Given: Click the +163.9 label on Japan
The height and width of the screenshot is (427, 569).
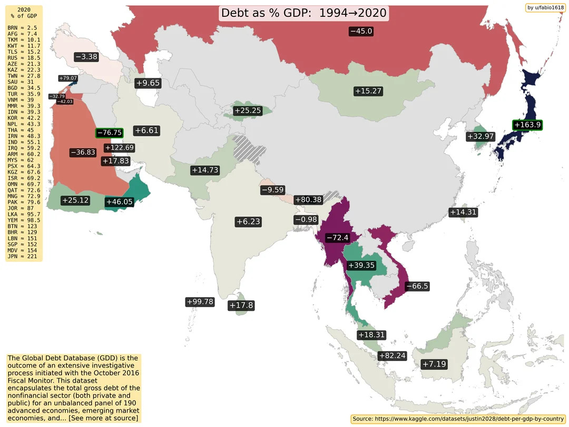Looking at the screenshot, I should tap(527, 125).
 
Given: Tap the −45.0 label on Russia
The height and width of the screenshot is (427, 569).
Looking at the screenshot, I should tap(361, 31).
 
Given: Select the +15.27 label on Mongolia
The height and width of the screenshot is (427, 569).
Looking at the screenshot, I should tap(368, 91).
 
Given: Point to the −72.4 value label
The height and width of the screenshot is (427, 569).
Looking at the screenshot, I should tap(337, 238).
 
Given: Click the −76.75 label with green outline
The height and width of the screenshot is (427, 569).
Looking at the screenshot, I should tap(109, 133).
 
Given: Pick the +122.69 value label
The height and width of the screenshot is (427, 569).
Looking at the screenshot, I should tap(119, 148).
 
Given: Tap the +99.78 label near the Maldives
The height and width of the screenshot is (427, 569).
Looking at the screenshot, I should tap(200, 302).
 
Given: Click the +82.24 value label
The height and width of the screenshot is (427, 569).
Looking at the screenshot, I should tap(392, 356).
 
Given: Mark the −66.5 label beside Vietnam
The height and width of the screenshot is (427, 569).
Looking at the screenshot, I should tap(417, 286).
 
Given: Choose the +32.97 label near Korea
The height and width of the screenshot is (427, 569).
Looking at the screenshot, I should tap(480, 137).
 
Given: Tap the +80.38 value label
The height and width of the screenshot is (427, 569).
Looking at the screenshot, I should tap(308, 200).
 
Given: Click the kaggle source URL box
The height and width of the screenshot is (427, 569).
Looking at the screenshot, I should tap(458, 419).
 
